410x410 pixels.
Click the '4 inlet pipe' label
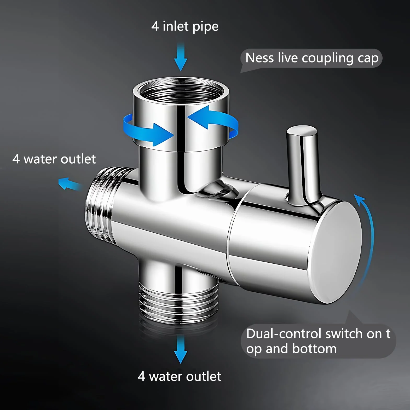point(185,27)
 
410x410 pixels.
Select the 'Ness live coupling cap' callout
point(311,58)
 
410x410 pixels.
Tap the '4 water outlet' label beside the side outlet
point(54,159)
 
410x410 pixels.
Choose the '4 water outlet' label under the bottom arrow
point(180,376)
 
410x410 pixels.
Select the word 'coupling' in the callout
point(328,59)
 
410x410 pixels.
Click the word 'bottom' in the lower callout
point(315,349)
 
